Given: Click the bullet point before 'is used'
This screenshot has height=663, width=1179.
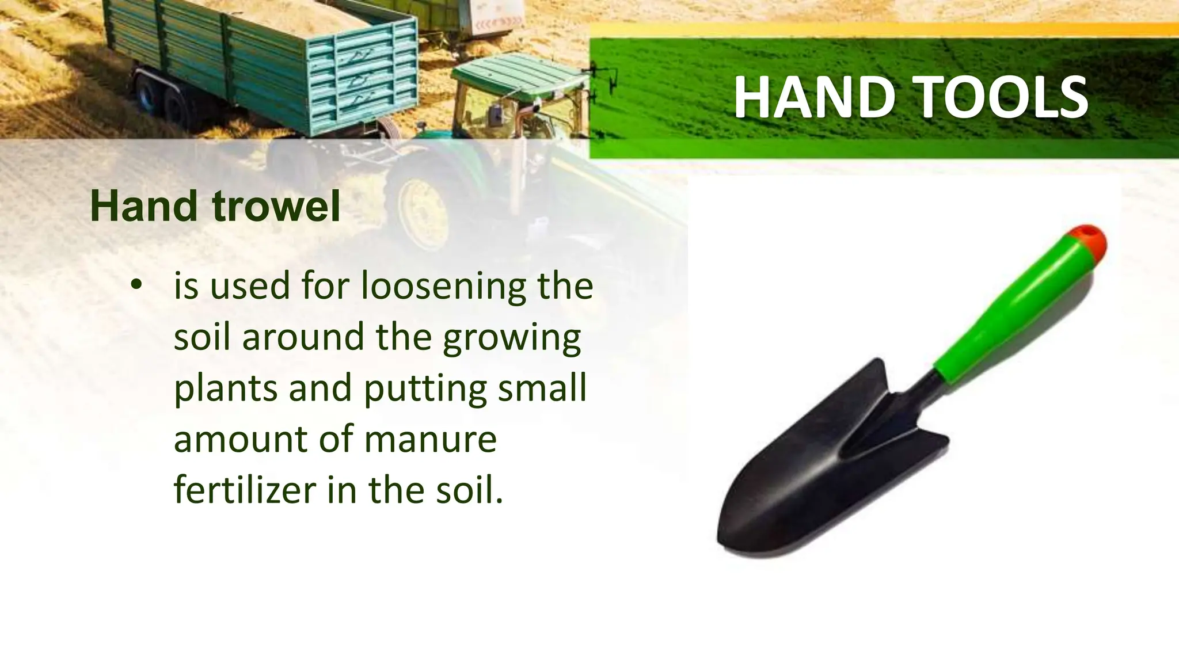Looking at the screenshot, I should (x=136, y=286).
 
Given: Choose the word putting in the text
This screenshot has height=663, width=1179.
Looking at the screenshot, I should (x=426, y=389).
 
